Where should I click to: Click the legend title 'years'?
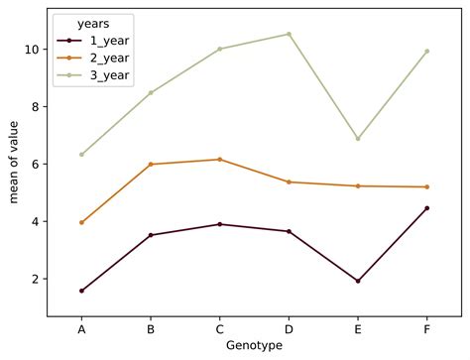coord(94,23)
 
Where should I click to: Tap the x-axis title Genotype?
coord(254,345)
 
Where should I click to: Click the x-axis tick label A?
coord(81,326)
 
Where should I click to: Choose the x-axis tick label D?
coord(289,326)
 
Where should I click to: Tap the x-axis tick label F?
coord(426,326)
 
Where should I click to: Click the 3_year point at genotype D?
coord(289,34)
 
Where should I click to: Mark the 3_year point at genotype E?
coord(358,139)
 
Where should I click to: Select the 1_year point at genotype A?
coord(81,291)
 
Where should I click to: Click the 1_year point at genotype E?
coord(358,281)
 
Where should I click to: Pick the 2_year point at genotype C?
coord(219,160)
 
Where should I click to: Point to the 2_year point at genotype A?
coord(81,223)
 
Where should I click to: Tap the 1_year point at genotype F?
coord(426,208)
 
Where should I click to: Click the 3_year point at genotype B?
coord(151,92)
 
